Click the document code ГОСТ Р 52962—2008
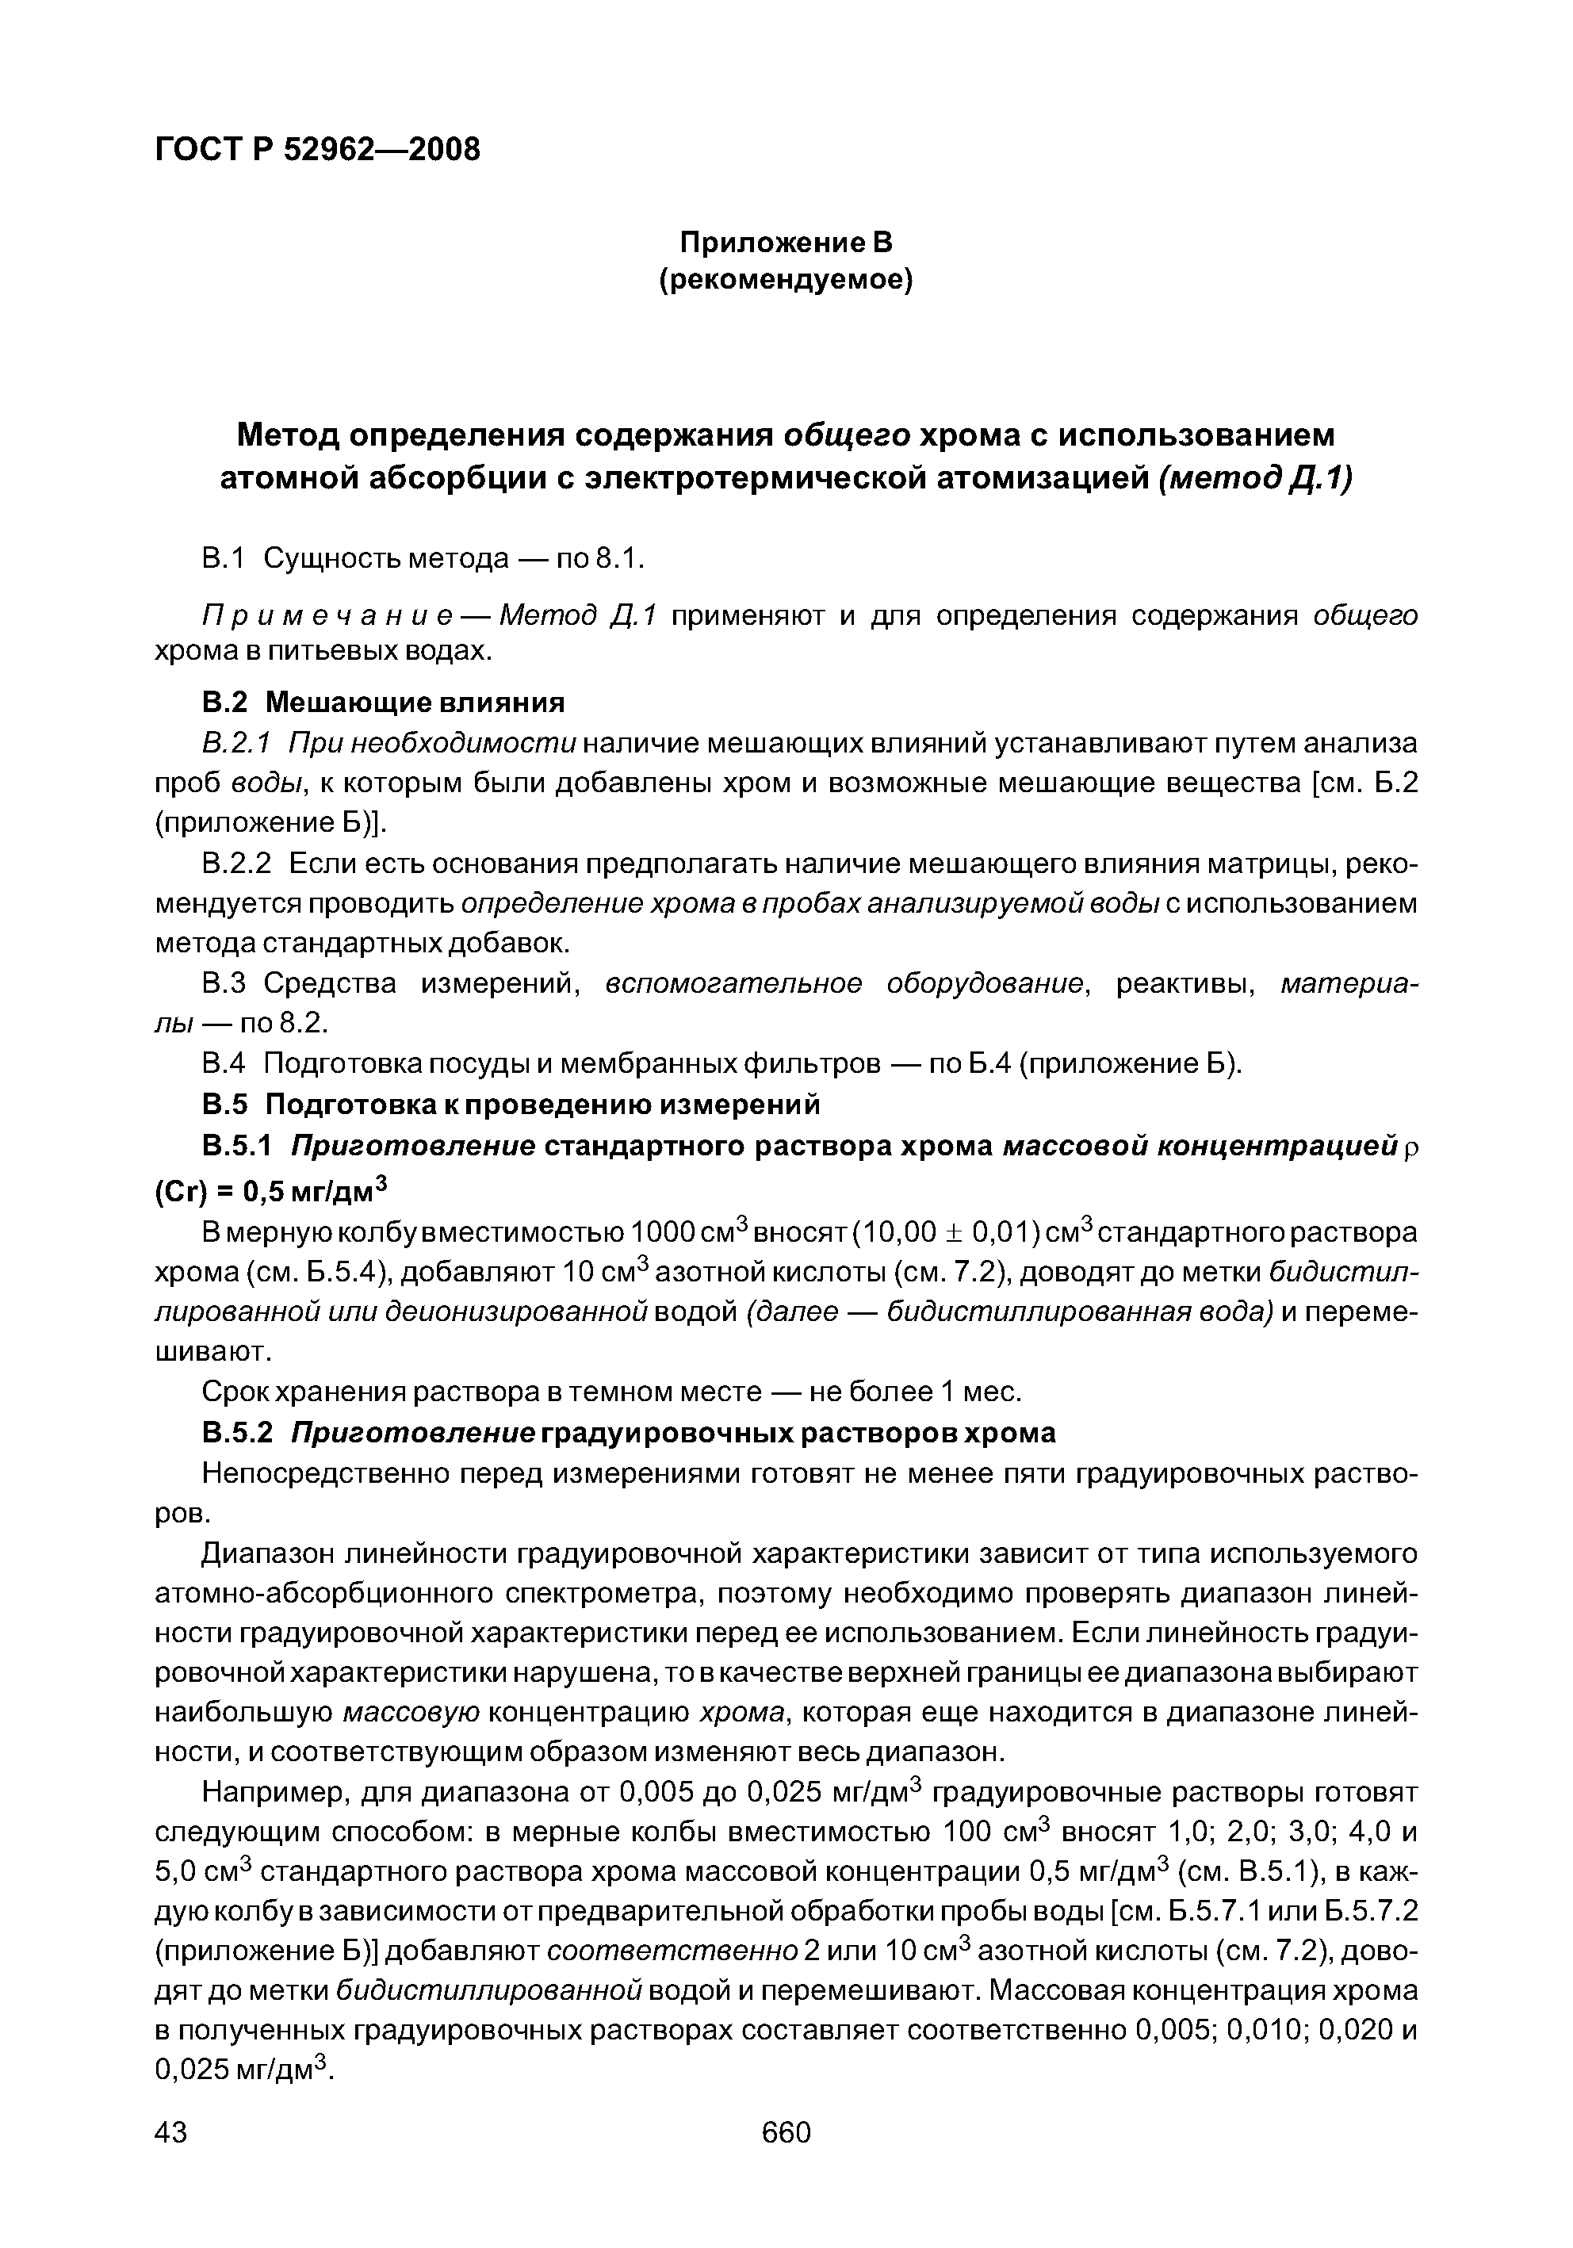pos(317,149)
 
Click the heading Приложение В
pos(786,241)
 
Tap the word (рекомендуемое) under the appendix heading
pos(786,281)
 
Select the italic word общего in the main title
pos(848,434)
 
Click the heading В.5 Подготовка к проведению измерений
pos(510,1105)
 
